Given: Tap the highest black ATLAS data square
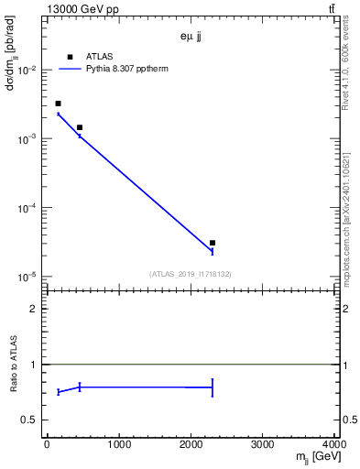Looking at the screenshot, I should point(58,104).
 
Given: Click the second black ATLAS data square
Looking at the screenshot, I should point(80,127).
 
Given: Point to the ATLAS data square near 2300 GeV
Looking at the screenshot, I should point(213,243).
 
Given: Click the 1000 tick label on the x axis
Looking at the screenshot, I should point(118,445).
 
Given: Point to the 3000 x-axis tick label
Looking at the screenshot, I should point(263,445).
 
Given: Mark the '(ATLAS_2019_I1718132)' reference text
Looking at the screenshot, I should point(191,273).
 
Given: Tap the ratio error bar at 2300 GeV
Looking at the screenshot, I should point(213,387).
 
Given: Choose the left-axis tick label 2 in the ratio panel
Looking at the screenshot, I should point(36,309).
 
